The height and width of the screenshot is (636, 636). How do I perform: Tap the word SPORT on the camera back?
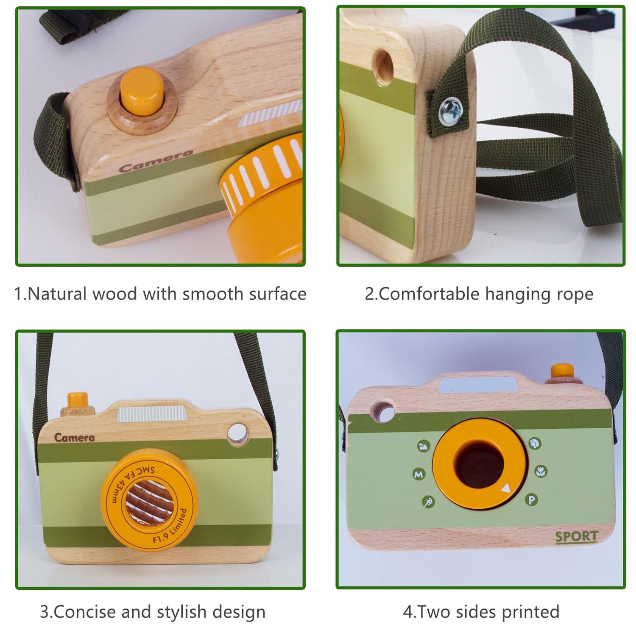click(576, 537)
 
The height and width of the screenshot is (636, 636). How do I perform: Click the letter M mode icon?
click(419, 474)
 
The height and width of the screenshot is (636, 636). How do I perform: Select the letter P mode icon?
click(531, 500)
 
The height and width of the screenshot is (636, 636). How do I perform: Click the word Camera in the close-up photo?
click(156, 161)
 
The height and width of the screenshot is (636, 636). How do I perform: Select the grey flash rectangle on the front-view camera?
click(152, 413)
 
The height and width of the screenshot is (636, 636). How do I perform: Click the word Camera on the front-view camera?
click(74, 438)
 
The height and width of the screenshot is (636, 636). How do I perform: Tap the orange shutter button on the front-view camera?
click(78, 400)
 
